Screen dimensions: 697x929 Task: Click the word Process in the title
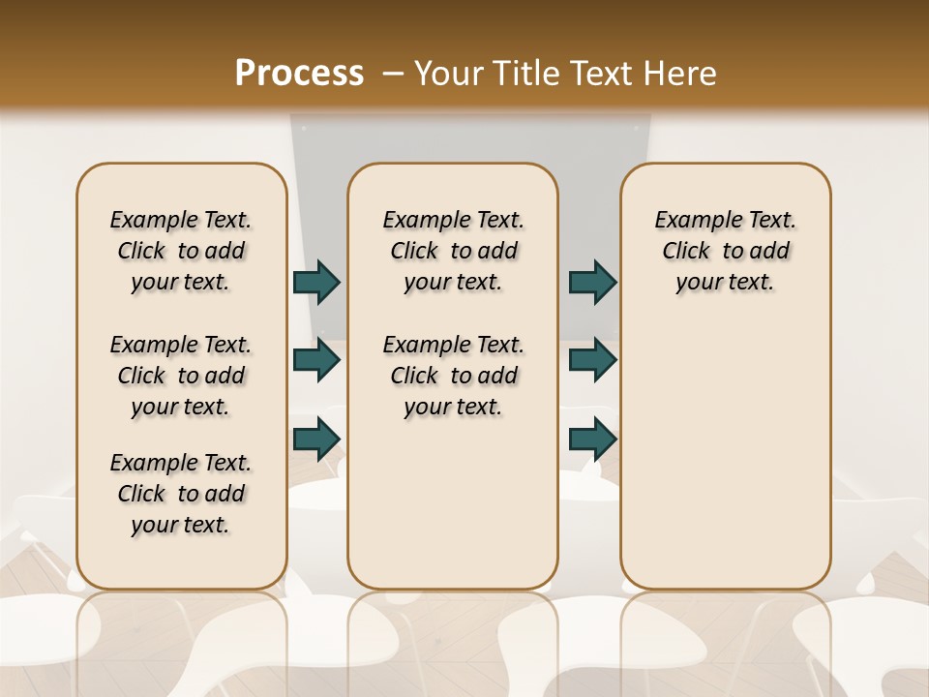point(299,73)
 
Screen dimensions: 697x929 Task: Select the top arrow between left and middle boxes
point(316,283)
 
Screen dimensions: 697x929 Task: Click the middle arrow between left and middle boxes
point(316,360)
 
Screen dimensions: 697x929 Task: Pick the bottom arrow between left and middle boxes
point(316,439)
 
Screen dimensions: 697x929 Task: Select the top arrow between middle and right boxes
point(592,283)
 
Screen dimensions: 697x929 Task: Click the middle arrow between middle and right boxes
point(592,360)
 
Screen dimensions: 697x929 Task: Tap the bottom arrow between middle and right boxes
point(592,439)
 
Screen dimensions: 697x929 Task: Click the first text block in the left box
point(181,251)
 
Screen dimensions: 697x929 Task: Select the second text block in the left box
point(181,376)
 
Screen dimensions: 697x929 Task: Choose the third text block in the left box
point(181,494)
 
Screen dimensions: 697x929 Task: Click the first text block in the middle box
point(453,251)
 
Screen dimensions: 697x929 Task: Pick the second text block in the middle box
point(453,376)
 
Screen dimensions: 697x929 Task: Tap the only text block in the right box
point(725,251)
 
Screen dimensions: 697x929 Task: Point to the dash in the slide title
point(393,74)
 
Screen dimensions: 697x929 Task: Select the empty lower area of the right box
point(725,455)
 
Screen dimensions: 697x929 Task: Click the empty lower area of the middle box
point(453,513)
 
